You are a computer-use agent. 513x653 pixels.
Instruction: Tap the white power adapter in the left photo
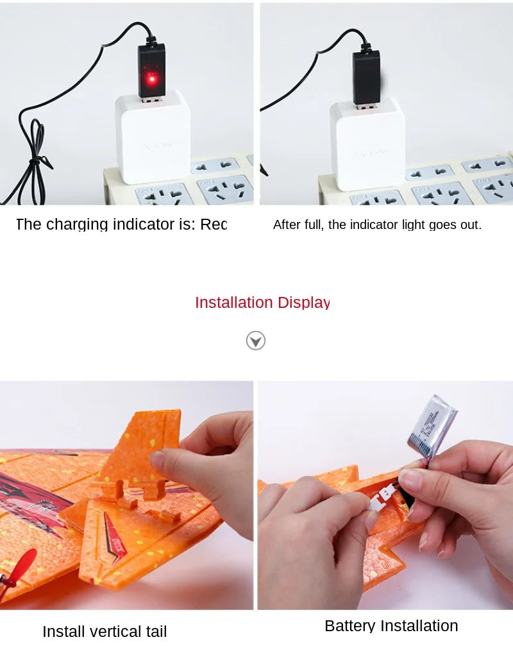[153, 138]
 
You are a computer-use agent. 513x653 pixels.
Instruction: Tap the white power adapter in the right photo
[367, 144]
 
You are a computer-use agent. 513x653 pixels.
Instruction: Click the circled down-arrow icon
[256, 341]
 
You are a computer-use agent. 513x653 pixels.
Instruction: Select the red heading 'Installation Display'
[262, 303]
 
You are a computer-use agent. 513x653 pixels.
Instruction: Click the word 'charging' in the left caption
[77, 225]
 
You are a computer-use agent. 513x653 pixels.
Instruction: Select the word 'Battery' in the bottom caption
[349, 626]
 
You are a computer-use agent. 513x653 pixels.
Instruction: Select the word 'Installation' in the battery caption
[419, 626]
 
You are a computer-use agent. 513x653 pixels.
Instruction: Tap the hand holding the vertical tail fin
[212, 468]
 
